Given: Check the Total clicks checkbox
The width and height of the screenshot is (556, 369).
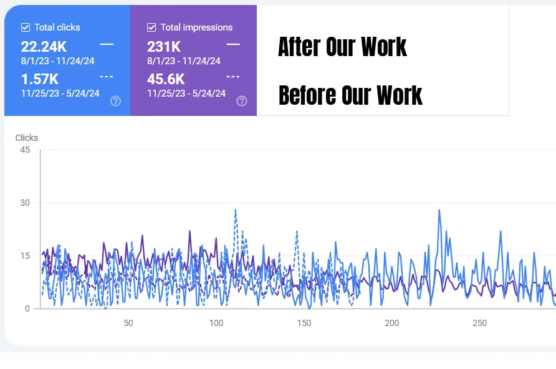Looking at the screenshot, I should pos(26,27).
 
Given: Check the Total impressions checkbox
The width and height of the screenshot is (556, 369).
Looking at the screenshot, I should pos(151,27).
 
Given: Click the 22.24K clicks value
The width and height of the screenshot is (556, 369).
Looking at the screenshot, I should pos(44,47).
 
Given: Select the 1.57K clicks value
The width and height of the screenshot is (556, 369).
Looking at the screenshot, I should pos(40,79).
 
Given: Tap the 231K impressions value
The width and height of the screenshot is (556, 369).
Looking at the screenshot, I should pos(164,47).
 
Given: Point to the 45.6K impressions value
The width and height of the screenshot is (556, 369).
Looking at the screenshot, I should pos(166,79).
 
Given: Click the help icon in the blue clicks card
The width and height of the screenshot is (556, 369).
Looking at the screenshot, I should pos(115,101).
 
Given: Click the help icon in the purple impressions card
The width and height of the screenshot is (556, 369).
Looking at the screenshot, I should pos(242,101).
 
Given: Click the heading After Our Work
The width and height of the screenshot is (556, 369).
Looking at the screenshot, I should pos(342,47).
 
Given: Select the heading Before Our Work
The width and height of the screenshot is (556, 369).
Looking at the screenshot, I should pos(350,95).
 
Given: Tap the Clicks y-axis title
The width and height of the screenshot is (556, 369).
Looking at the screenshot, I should pos(27,138).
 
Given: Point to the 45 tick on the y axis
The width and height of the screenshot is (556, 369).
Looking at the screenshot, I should pos(25,150).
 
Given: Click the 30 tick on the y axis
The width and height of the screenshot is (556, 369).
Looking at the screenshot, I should pos(25,203).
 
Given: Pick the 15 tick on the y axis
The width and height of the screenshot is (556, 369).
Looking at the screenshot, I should pos(25,256).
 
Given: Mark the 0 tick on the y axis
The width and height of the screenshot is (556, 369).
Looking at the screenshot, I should pos(27,309).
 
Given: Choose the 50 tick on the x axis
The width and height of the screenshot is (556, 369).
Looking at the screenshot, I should pos(128,323).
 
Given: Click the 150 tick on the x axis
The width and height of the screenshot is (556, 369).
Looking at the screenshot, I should pos(304,323).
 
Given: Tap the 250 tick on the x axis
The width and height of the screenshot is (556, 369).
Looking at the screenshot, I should pos(480,323).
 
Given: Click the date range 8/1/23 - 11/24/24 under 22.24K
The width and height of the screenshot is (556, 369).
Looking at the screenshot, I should pos(57,61).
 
